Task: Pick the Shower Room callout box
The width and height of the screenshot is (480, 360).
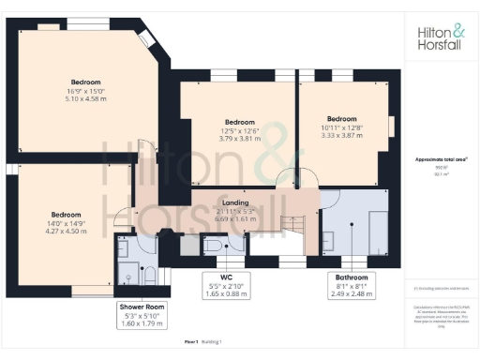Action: point(142,316)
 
